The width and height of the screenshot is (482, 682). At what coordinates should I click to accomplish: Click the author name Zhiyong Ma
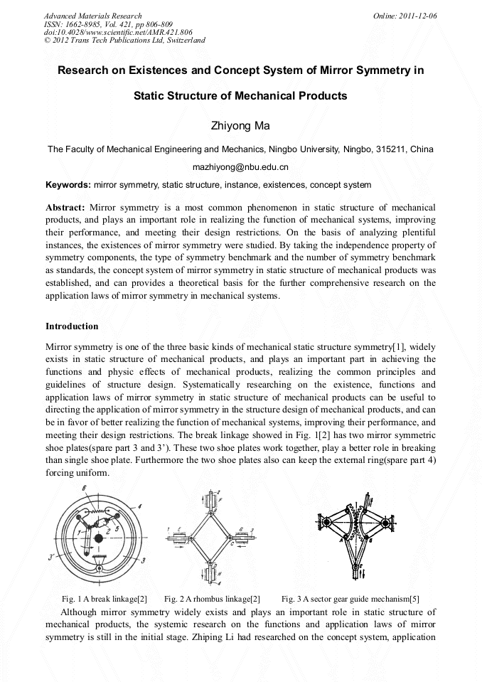(240, 126)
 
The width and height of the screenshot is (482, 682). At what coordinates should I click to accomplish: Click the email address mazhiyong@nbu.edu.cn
(240, 168)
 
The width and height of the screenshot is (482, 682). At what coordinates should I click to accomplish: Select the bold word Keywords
(67, 185)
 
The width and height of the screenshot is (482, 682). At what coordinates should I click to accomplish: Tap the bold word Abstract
(65, 207)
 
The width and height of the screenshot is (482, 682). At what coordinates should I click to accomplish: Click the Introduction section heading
(72, 326)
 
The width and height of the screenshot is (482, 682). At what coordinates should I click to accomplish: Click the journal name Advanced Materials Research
(92, 16)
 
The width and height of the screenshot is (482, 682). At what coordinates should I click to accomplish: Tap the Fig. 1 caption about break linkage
(105, 599)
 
